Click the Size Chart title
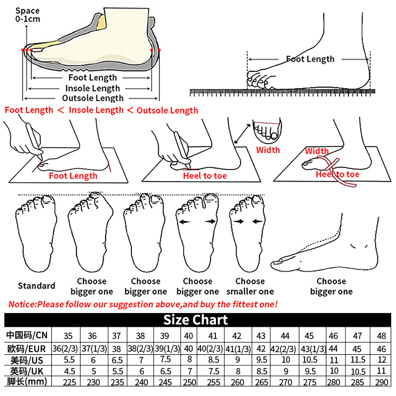(195, 320)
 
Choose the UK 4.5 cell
(69, 371)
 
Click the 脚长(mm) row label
(27, 382)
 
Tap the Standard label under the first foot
(36, 286)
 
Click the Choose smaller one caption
(250, 286)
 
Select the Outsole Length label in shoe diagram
(93, 98)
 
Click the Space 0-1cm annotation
(27, 15)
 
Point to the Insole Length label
(92, 88)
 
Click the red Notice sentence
(143, 304)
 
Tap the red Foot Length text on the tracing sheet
(73, 175)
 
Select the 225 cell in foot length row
(69, 382)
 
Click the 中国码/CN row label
(27, 336)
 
